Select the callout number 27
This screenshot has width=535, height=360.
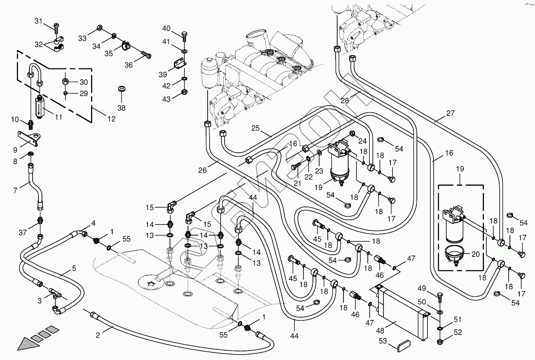pyautogui.click(x=450, y=113)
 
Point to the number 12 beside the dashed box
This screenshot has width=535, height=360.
pyautogui.click(x=111, y=119)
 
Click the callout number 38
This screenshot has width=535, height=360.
pyautogui.click(x=121, y=108)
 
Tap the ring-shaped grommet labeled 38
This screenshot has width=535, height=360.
pyautogui.click(x=121, y=89)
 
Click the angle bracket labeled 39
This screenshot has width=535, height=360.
pyautogui.click(x=179, y=63)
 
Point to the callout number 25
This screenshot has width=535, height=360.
pyautogui.click(x=256, y=128)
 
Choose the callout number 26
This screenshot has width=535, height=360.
pyautogui.click(x=203, y=170)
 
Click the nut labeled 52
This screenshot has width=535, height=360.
pyautogui.click(x=440, y=338)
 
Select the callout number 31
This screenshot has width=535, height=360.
pyautogui.click(x=38, y=21)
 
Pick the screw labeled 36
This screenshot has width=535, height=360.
pyautogui.click(x=146, y=55)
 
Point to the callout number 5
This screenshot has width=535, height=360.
pyautogui.click(x=74, y=269)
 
